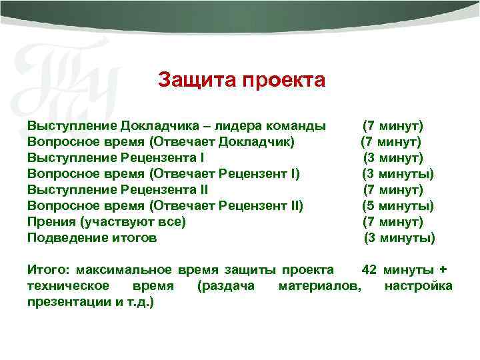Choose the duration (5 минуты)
click(x=397, y=206)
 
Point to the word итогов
click(x=135, y=238)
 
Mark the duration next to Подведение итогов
click(x=399, y=238)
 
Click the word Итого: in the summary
click(x=49, y=270)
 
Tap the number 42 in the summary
click(x=369, y=270)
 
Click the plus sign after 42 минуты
click(x=444, y=270)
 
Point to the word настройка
click(x=418, y=286)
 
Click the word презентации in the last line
click(x=65, y=302)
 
